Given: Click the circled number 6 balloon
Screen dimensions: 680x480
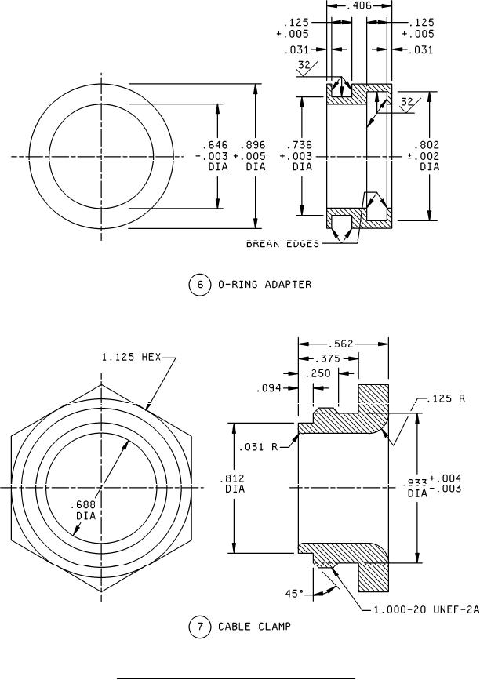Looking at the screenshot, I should pyautogui.click(x=199, y=285).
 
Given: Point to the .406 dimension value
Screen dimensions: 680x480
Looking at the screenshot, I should pyautogui.click(x=360, y=5).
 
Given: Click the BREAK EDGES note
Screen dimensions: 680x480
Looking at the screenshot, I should pyautogui.click(x=283, y=244).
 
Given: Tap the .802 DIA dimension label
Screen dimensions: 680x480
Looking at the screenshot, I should pyautogui.click(x=429, y=155).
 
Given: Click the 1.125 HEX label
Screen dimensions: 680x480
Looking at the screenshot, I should pyautogui.click(x=131, y=358).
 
